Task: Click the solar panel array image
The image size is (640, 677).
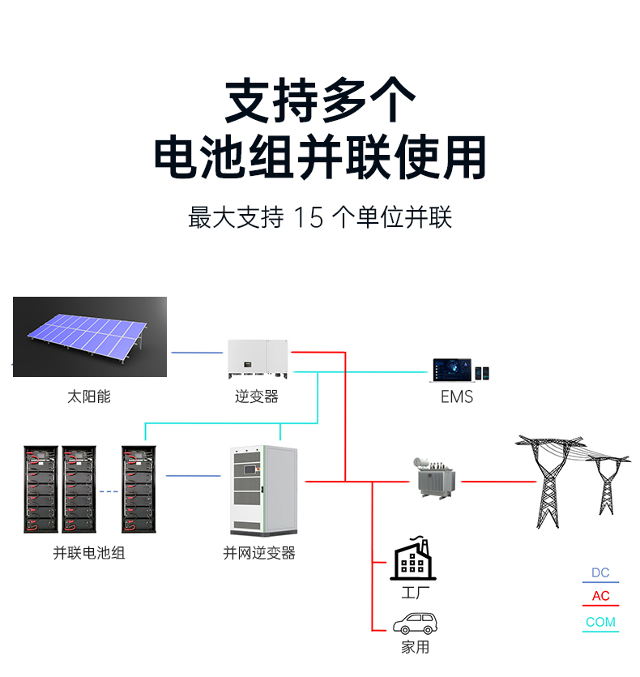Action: [x=90, y=336]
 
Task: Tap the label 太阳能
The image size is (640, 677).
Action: [x=89, y=396]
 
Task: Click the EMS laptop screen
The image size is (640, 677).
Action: [x=452, y=370]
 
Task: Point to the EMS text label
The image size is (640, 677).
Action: [x=457, y=396]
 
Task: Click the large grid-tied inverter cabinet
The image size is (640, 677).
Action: [x=263, y=491]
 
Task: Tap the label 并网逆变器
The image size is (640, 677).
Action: [x=259, y=553]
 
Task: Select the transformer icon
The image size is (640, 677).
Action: [x=433, y=478]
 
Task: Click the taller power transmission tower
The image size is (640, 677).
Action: [x=549, y=482]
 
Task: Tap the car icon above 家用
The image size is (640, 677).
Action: [x=415, y=623]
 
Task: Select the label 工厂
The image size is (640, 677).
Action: [x=415, y=593]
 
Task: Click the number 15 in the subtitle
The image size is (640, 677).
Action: [x=309, y=217]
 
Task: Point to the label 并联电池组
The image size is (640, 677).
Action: [x=89, y=553]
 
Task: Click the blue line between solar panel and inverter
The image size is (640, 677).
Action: [x=197, y=353]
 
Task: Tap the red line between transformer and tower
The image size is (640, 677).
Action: [x=499, y=482]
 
